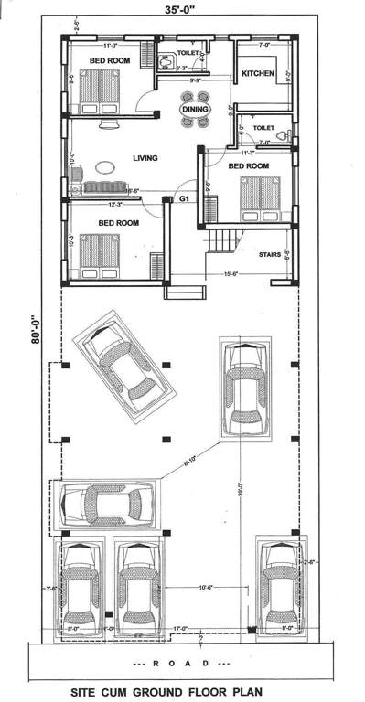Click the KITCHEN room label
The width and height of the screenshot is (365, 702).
258,73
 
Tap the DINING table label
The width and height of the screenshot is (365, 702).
194,110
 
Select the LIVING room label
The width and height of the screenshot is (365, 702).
145,158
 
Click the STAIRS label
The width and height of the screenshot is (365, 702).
270,255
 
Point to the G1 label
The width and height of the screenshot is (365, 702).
184,198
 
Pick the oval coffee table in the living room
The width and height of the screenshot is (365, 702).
106,167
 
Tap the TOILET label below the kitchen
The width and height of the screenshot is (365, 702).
263,129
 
